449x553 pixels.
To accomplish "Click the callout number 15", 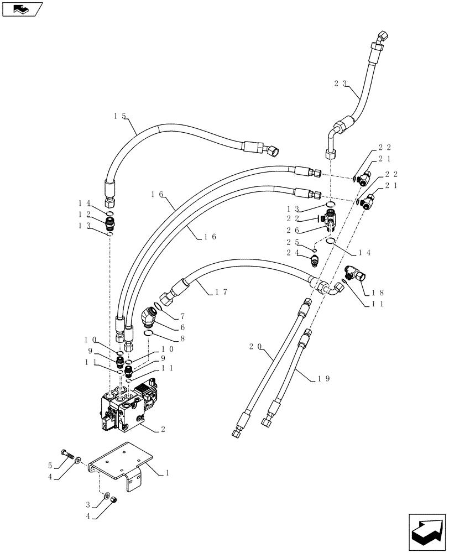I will [x=119, y=116].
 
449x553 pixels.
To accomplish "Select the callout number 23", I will [x=341, y=84].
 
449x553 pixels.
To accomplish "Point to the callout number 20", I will [x=255, y=347].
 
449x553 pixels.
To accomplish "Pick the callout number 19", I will [x=324, y=379].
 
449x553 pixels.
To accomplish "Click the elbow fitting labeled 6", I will [x=149, y=317].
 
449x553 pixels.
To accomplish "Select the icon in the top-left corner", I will [x=22, y=9].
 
